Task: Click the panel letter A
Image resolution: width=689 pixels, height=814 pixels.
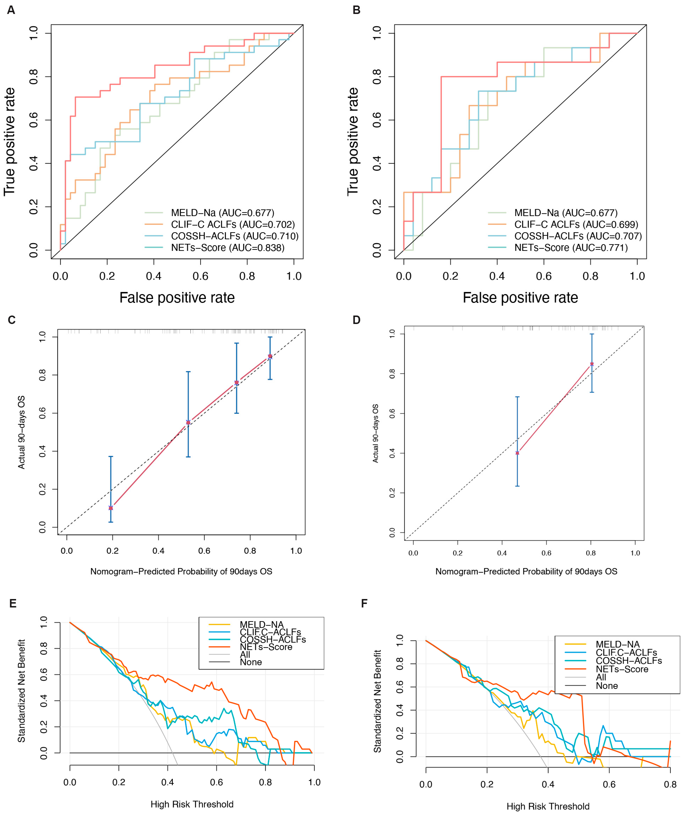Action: pyautogui.click(x=11, y=10)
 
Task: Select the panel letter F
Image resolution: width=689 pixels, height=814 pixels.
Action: pyautogui.click(x=364, y=604)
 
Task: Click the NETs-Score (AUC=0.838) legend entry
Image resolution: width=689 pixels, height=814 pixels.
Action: pyautogui.click(x=227, y=248)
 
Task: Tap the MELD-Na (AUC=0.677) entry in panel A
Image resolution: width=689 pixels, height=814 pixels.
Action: pyautogui.click(x=222, y=213)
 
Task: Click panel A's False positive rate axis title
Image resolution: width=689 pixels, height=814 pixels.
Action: pyautogui.click(x=177, y=298)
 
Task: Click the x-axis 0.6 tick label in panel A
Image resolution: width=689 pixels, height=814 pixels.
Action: pyautogui.click(x=200, y=276)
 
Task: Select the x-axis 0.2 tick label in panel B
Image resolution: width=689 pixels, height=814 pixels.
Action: pyautogui.click(x=450, y=276)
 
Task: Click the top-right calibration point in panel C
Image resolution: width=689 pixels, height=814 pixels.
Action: pyautogui.click(x=270, y=356)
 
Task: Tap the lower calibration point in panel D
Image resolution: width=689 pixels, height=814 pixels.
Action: pyautogui.click(x=517, y=453)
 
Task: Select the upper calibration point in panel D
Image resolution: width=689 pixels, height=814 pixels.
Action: pyautogui.click(x=592, y=364)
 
